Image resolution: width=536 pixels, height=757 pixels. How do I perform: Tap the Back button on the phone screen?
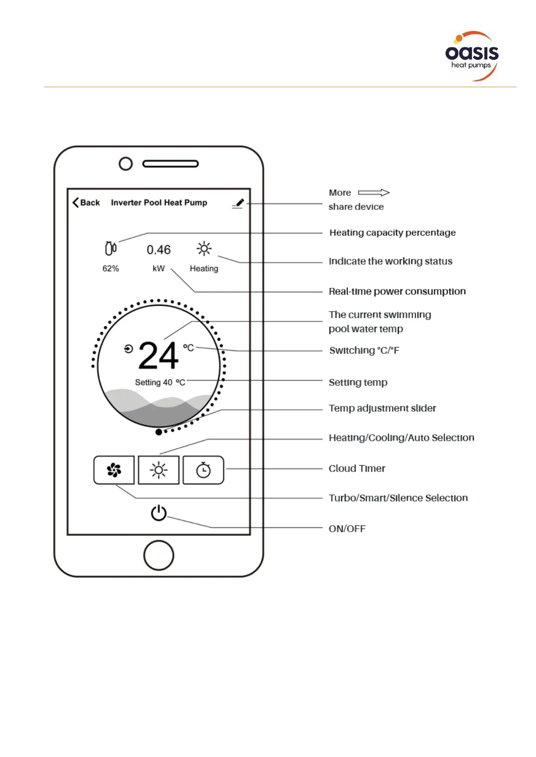tap(86, 203)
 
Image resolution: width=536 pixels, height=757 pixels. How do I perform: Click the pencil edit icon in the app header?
tap(238, 204)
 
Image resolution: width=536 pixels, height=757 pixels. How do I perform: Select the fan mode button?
tap(114, 470)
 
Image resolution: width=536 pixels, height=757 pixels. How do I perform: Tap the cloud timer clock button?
tap(203, 470)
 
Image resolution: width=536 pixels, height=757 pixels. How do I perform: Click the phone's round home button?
tap(158, 555)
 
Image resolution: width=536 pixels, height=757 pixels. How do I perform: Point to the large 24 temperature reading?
tap(158, 356)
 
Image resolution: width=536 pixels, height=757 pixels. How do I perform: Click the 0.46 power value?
tap(158, 250)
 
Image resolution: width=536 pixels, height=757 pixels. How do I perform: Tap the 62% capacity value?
tap(111, 269)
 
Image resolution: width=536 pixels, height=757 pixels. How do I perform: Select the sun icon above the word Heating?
tap(204, 249)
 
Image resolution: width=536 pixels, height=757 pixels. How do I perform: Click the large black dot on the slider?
tap(158, 432)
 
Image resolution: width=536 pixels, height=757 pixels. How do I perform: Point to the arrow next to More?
tap(374, 193)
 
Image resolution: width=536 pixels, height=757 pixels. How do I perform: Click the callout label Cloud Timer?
tap(357, 468)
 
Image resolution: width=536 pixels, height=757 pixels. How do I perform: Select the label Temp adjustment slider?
tap(382, 408)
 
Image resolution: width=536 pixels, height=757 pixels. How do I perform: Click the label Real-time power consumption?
tap(397, 291)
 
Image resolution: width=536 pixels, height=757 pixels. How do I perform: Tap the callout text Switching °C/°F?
tap(364, 351)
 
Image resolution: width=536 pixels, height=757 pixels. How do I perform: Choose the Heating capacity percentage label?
tap(392, 233)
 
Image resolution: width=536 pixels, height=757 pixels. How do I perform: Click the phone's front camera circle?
tap(126, 164)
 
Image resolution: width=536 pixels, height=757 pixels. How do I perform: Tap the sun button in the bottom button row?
tap(158, 470)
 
